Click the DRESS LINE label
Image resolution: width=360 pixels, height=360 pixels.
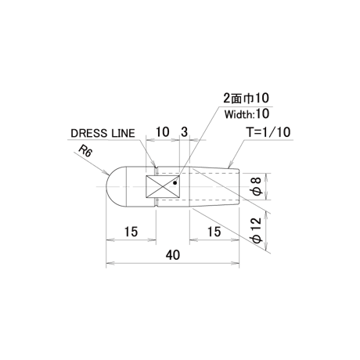coord(103,133)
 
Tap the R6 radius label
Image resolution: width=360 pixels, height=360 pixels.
coord(85,151)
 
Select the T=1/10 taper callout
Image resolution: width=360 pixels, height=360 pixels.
coord(268,132)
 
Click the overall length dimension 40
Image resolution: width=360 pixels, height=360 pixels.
coord(173,255)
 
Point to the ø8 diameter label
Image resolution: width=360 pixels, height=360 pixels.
coord(257,186)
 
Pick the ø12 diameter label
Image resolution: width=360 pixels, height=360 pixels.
coord(257,229)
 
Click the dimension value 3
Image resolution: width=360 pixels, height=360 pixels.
coord(184,132)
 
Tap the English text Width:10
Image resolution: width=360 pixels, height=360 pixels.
coord(247,114)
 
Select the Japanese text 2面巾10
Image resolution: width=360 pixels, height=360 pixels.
coord(246,98)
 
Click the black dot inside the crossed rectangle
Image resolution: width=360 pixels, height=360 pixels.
coord(175,183)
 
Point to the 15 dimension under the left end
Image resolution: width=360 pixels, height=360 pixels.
coord(131,232)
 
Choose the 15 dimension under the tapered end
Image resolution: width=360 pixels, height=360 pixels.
coord(214,232)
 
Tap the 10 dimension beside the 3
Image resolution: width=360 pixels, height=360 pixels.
coord(162,132)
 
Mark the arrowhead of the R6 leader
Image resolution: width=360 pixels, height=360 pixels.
coord(106,173)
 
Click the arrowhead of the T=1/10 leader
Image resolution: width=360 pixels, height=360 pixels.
coord(229,166)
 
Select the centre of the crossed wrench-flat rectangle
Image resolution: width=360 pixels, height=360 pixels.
coord(163,186)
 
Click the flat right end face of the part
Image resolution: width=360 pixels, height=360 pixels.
coord(239,187)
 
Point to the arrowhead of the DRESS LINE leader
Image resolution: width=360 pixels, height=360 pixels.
coord(155,165)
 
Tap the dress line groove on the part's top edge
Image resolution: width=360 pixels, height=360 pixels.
coord(157,167)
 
